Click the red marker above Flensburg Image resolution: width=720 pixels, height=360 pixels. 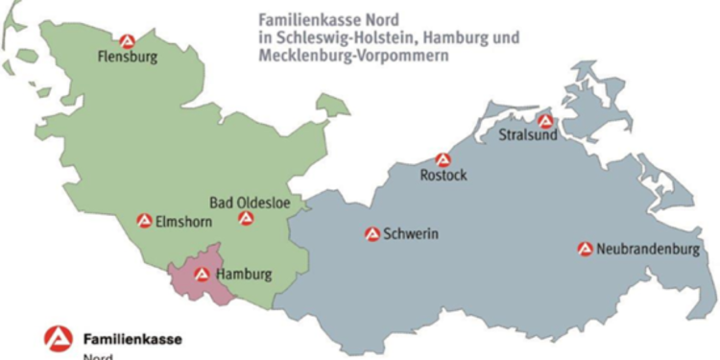[128, 40]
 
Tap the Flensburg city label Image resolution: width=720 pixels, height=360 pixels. [127, 58]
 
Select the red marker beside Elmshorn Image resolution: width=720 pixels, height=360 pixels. [144, 220]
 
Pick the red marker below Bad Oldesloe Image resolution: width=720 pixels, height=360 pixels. [246, 219]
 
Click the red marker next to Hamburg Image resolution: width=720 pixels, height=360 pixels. [202, 274]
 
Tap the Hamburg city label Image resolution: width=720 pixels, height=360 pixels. [244, 275]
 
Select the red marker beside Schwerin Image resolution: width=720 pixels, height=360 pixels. [372, 233]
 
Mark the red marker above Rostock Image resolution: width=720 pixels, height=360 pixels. [443, 159]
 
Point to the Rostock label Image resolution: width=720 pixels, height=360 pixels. [444, 177]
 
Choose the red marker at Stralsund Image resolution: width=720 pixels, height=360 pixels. [545, 121]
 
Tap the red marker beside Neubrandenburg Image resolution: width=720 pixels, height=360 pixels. [584, 248]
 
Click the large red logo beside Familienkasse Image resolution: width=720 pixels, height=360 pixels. [58, 339]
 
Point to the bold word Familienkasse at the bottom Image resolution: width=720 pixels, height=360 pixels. [132, 339]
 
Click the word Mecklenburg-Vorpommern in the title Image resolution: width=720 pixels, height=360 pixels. [352, 58]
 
